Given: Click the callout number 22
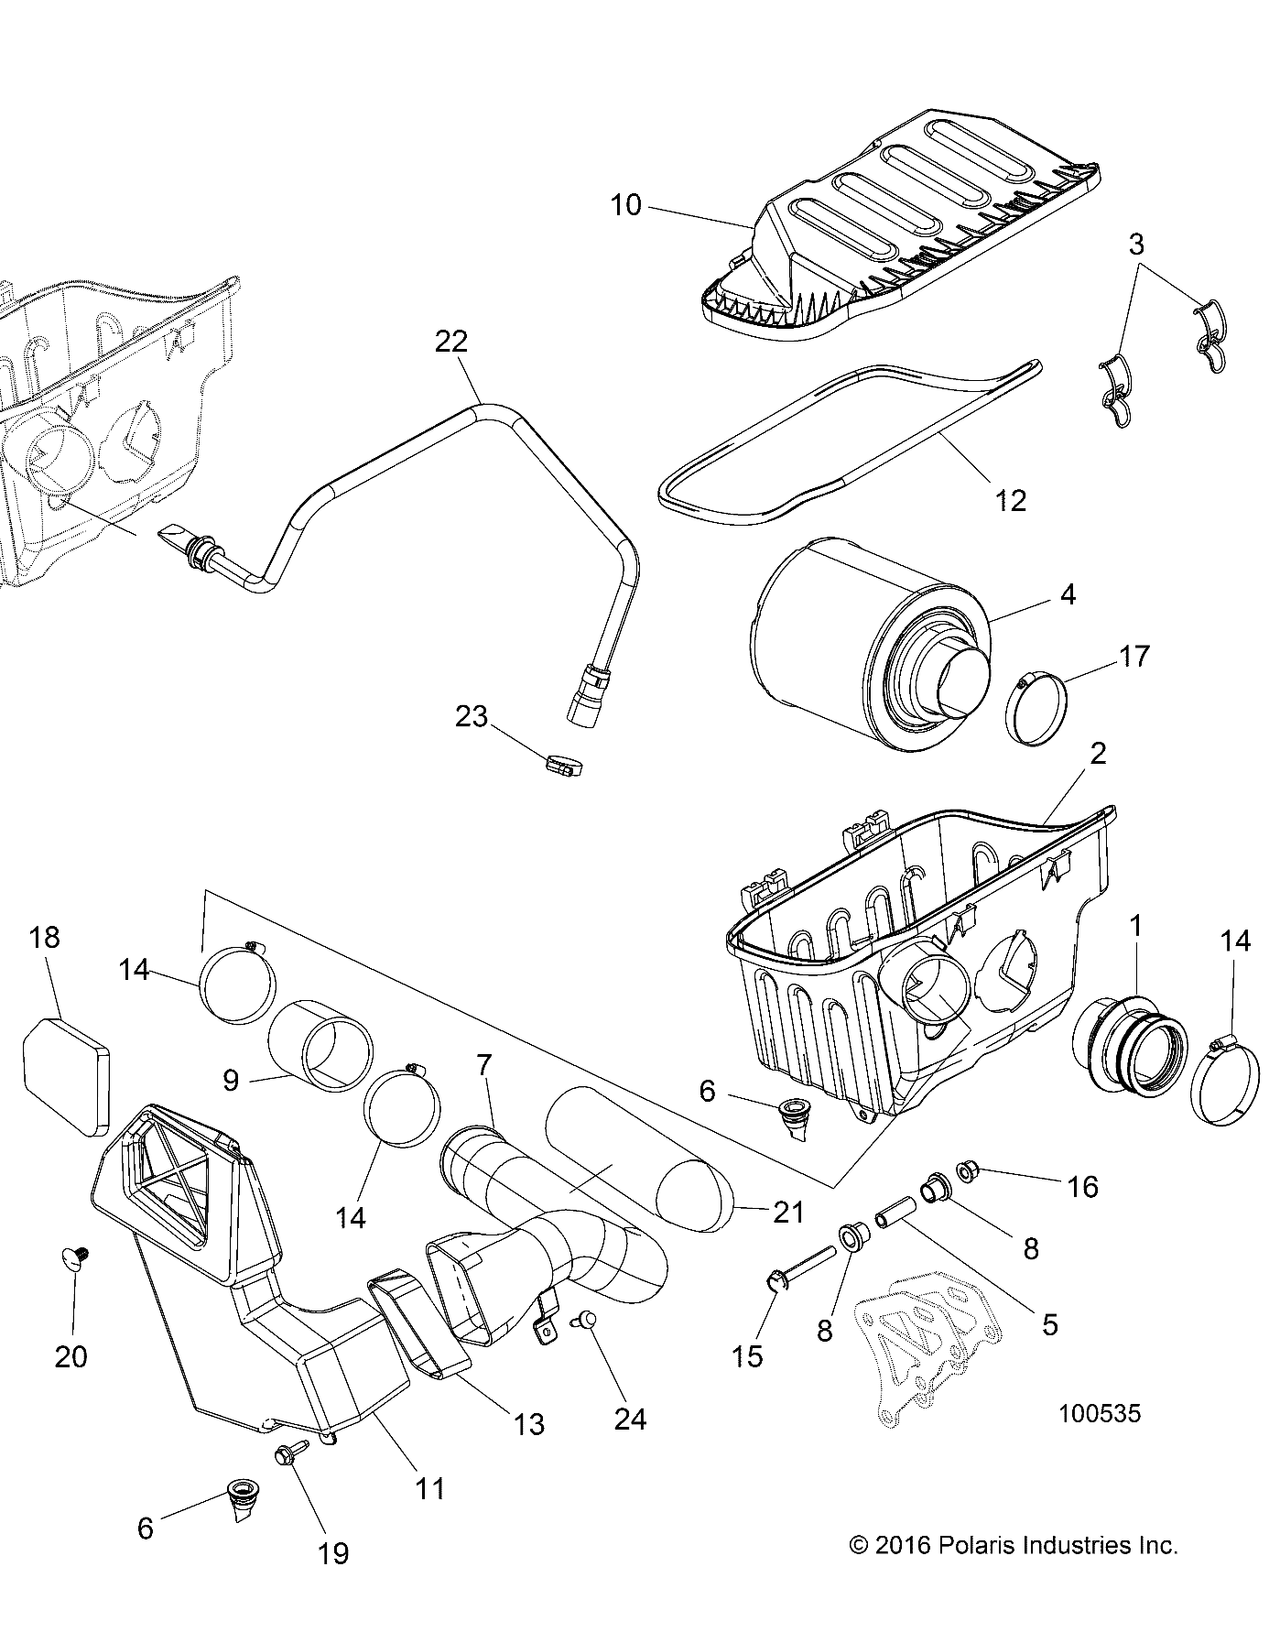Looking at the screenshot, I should tap(451, 342).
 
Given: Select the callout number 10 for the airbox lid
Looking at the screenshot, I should tap(626, 205).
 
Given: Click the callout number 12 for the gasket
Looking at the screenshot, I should tap(1010, 500).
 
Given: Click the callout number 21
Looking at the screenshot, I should tap(787, 1212).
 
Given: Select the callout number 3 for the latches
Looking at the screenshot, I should tap(1135, 245).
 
